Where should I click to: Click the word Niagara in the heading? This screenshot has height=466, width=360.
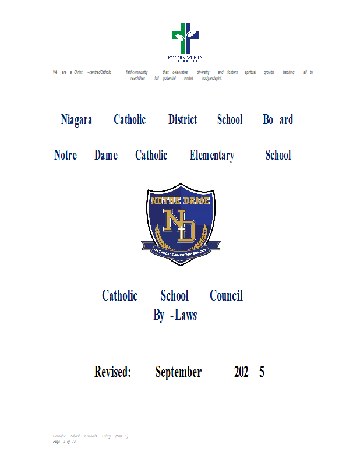coord(76,120)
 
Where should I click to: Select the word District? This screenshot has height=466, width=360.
coord(182,120)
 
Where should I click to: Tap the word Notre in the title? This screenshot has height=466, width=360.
coord(65,156)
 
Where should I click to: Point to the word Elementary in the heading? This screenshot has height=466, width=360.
coord(212,156)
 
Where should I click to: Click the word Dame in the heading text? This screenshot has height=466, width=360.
coord(105,156)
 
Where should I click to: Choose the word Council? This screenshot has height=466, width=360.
coord(226,296)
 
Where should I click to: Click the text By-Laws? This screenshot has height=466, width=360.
coord(175,316)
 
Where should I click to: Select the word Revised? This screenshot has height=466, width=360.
coord(112,372)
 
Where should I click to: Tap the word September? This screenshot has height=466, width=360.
coord(178,372)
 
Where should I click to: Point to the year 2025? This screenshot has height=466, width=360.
coord(249,372)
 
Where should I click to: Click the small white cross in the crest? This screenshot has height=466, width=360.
coord(181,232)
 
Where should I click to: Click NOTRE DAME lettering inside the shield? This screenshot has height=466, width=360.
coord(180,201)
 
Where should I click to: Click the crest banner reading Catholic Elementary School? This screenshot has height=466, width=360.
coord(180,251)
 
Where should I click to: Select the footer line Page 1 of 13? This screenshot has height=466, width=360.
coord(65,442)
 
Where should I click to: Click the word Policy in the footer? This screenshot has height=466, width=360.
coord(105,436)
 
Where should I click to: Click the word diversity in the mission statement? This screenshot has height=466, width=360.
coord(203,72)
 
